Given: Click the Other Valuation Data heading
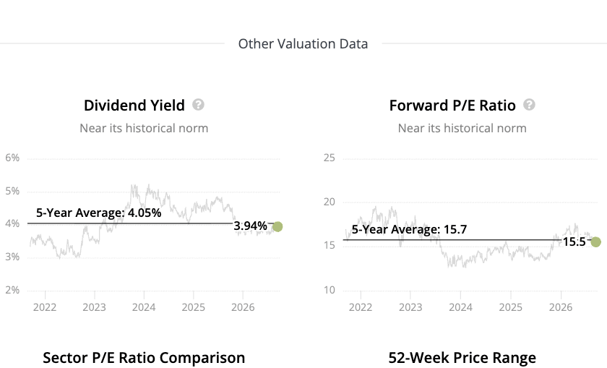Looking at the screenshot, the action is (x=303, y=44).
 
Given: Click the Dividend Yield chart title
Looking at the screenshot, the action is (x=134, y=106).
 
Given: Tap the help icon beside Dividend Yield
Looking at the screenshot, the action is (x=198, y=105).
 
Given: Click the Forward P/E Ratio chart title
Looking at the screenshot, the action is (x=452, y=106).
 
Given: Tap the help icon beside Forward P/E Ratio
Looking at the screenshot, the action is (x=529, y=105).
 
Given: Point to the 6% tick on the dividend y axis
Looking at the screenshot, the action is (x=12, y=158).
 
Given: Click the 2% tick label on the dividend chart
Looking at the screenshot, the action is (x=12, y=290).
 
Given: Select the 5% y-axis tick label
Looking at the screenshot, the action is (x=12, y=191).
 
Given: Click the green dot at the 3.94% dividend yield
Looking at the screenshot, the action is (x=277, y=226).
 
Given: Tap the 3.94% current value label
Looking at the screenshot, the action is (x=251, y=226).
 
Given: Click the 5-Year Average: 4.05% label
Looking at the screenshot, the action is (x=99, y=213).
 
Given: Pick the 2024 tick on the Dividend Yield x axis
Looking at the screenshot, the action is (x=144, y=307).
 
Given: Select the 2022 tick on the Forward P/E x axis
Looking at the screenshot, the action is (x=361, y=307).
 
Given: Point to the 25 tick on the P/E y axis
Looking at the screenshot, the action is (x=330, y=158).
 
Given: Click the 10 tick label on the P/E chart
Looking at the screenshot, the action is (x=330, y=290).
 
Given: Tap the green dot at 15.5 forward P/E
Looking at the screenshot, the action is (x=595, y=242).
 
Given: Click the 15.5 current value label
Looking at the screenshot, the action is (x=574, y=241).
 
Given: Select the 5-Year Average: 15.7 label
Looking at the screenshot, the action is (x=409, y=229).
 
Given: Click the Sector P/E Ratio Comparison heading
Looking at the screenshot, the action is (x=144, y=358).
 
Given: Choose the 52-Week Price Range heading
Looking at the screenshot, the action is (x=462, y=358).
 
